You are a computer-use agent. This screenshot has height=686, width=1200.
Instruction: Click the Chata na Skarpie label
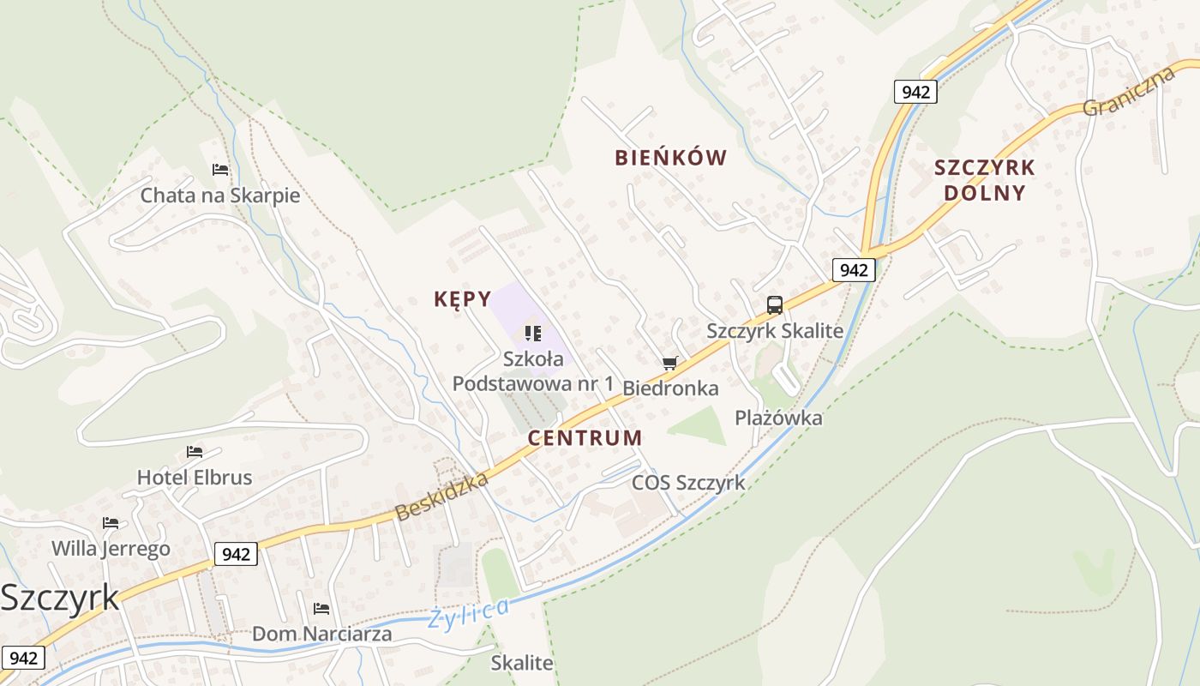(220, 196)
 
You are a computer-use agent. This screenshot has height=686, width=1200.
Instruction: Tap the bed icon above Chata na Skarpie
(220, 170)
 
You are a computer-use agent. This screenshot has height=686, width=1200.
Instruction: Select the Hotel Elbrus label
(195, 477)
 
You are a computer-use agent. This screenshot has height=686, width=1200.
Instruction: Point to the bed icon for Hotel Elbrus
(195, 451)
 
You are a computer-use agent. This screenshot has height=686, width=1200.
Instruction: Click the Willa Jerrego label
(111, 548)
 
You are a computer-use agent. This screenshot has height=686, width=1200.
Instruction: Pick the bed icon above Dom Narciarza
(321, 608)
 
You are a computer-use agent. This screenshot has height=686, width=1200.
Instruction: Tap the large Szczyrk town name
(60, 598)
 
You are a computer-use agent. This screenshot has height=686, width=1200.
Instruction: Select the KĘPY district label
(462, 299)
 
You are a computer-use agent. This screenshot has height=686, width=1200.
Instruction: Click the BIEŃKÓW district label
(670, 158)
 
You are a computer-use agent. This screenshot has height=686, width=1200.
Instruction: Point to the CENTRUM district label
(585, 438)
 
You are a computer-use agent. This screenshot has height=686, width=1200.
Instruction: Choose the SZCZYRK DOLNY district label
(985, 179)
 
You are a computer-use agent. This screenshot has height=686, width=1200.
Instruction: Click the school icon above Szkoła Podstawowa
(533, 333)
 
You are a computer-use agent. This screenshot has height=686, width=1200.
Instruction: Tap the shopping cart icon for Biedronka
(670, 364)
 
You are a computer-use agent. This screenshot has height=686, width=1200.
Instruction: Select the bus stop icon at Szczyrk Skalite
(774, 304)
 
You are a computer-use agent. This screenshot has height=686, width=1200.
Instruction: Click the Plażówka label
(778, 418)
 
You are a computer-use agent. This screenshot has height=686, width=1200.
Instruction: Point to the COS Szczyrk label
(688, 483)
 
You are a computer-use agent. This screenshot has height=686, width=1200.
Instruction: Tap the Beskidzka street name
(441, 496)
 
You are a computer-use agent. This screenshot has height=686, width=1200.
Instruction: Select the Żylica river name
(469, 612)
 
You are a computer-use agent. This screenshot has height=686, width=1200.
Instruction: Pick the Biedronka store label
(670, 388)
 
